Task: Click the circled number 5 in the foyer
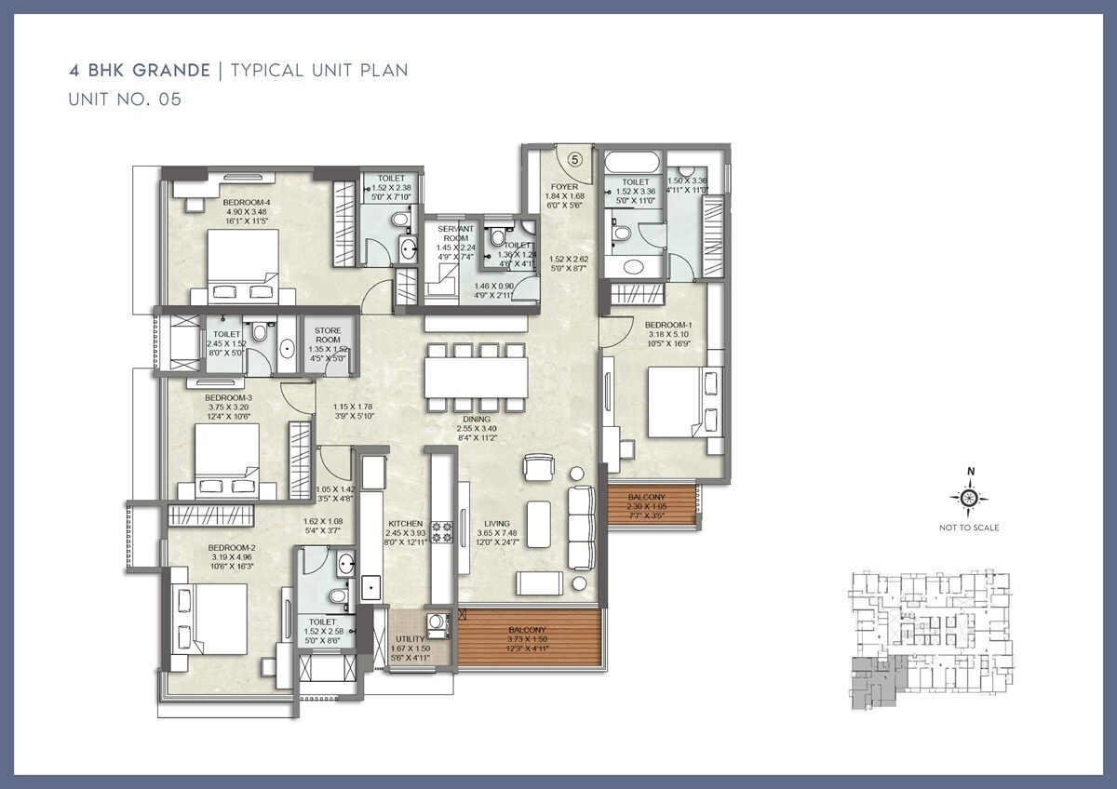(574, 159)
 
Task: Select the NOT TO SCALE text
(969, 528)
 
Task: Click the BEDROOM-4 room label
(246, 203)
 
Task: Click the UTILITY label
(410, 639)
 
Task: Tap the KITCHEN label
(406, 524)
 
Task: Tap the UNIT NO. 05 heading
(124, 100)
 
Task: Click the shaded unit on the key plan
(870, 683)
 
